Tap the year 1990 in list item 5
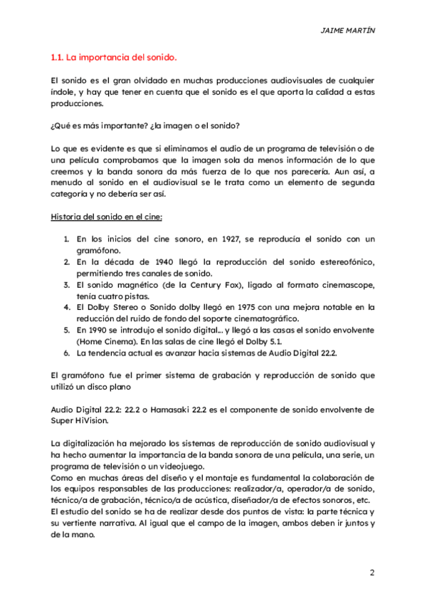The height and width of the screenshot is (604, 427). click(95, 330)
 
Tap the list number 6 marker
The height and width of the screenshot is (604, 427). click(65, 353)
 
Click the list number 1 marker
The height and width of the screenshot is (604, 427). click(65, 239)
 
